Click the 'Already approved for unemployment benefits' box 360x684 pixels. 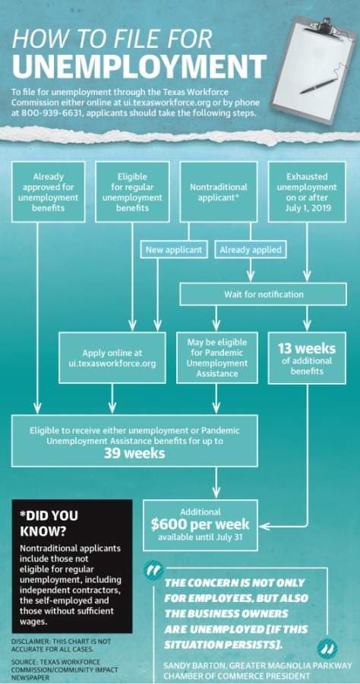(48, 192)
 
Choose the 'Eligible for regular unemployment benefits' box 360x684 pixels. (132, 192)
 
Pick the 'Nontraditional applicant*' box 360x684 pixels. (218, 192)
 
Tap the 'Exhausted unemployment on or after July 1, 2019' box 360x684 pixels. (307, 192)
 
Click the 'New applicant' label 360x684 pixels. (174, 250)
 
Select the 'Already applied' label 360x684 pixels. (251, 250)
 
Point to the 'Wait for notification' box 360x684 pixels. (264, 294)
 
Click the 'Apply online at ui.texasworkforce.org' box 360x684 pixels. (112, 358)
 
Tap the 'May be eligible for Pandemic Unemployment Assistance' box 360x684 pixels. (217, 358)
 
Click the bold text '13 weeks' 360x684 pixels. (307, 349)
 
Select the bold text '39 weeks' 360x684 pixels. (134, 453)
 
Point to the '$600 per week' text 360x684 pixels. (200, 524)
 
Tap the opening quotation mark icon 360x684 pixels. (154, 570)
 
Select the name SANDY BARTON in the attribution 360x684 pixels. (190, 666)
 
